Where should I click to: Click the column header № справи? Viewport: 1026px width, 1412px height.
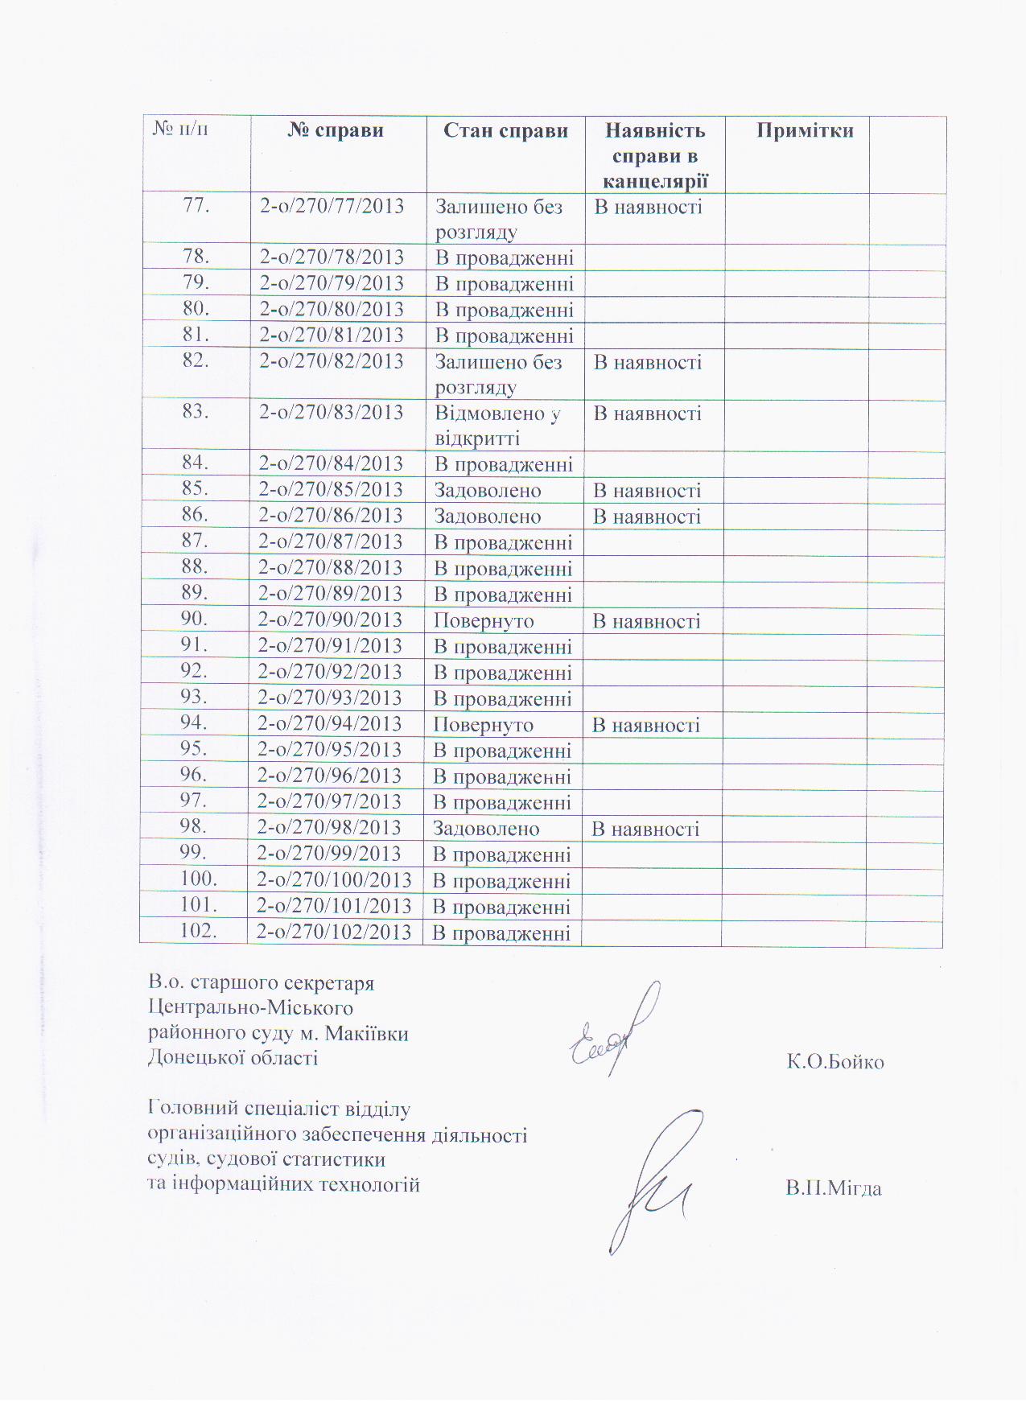pos(336,131)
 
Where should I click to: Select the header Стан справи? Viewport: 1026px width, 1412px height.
pos(505,131)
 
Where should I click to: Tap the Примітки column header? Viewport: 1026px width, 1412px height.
pos(804,131)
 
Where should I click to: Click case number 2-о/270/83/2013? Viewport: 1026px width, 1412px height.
pos(331,413)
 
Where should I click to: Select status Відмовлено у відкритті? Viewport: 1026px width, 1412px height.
pos(497,426)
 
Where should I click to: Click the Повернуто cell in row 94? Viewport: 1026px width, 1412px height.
pos(484,725)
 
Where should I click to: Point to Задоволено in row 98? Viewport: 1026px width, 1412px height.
pos(486,829)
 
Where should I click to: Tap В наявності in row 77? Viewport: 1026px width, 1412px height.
pos(648,208)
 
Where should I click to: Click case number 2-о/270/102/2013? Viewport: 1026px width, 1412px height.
pos(334,932)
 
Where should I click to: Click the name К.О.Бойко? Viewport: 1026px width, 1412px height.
pos(835,1062)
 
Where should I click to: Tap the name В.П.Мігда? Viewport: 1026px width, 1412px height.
pos(834,1188)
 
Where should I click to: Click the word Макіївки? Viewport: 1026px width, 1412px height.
pos(367,1034)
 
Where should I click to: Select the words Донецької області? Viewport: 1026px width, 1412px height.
pos(233,1058)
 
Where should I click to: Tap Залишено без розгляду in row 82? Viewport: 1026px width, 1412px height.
pos(498,375)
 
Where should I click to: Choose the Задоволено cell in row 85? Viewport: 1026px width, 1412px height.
pos(488,491)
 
